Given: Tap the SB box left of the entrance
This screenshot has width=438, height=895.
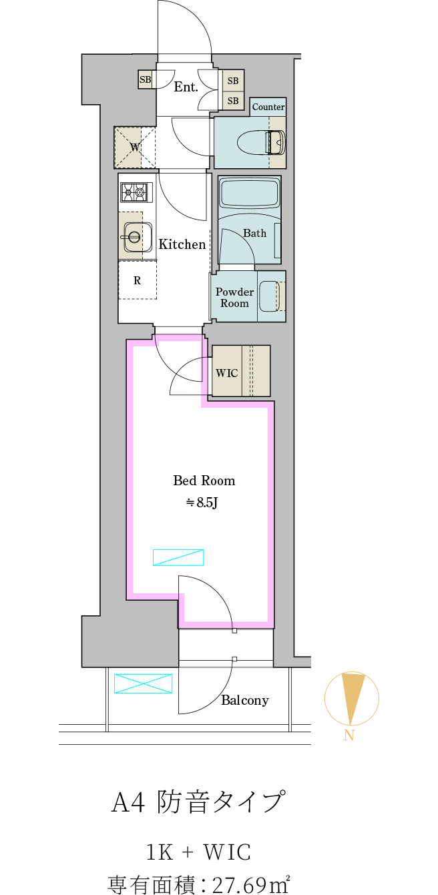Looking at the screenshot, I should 145,79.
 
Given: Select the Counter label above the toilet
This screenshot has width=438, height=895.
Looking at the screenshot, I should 268,107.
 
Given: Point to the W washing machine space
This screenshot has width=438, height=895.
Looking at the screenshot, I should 136,147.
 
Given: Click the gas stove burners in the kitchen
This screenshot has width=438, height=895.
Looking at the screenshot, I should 137,193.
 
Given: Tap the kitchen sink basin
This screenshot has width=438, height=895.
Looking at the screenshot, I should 134,236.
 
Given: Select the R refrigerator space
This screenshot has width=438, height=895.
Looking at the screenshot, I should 138,280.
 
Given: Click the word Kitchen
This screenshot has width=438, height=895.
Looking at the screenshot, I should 182,244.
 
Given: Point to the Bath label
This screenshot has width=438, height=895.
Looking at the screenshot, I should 254,233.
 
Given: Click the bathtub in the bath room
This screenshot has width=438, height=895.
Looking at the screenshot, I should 249,194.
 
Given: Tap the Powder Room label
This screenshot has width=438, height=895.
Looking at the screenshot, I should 234,298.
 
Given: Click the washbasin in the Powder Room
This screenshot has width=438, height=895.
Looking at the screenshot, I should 269,296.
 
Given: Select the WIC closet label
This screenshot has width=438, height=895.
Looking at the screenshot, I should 226,373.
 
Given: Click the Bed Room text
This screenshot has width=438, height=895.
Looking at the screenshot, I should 204,481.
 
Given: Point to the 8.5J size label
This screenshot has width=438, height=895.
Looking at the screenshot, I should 202,503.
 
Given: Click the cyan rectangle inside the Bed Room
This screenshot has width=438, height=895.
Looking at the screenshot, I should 178,557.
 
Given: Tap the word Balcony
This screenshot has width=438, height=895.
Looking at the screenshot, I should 245,700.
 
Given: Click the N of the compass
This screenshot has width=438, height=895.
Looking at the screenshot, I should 349,736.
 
